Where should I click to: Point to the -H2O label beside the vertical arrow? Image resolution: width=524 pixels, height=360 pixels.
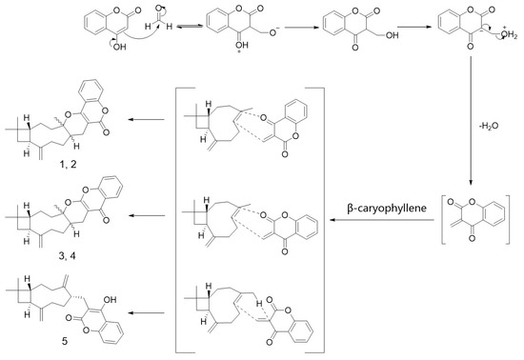pos(485,121)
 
